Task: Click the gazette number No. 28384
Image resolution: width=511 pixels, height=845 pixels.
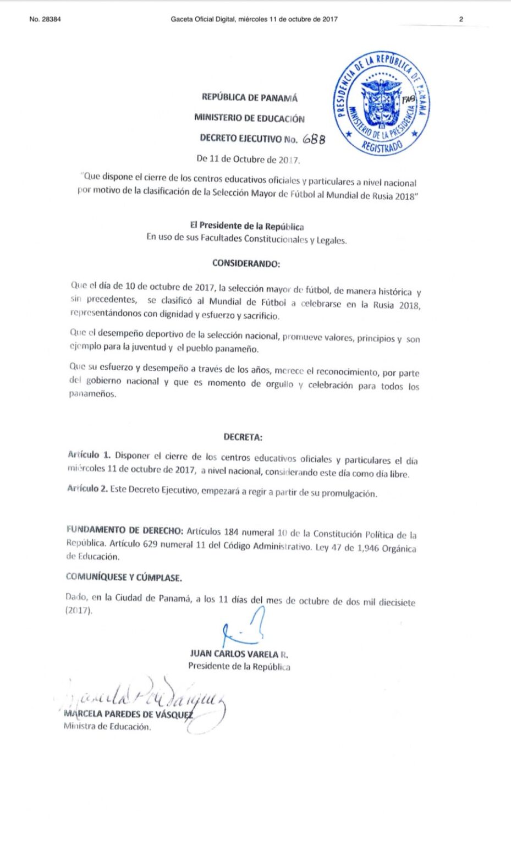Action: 45,19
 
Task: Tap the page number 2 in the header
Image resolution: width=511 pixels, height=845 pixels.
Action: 461,19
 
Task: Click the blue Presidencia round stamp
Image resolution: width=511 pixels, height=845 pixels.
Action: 381,103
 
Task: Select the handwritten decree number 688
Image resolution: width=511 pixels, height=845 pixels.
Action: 314,139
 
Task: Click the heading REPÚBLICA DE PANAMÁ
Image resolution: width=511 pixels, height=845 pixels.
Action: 249,98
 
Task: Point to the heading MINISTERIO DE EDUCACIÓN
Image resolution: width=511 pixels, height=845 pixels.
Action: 249,118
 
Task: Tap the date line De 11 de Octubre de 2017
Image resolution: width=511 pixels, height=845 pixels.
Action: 248,160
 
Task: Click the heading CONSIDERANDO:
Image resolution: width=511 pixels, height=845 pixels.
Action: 246,264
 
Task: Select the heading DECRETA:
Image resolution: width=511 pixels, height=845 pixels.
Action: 243,437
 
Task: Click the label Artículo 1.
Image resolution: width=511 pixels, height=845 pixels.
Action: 89,455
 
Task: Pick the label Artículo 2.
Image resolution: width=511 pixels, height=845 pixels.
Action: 87,489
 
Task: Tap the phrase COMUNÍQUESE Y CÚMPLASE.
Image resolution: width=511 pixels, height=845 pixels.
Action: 124,578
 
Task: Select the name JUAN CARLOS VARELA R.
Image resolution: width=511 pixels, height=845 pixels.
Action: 239,654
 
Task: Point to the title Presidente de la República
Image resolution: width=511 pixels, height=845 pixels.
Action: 239,667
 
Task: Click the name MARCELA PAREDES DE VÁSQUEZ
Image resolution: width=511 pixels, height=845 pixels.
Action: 129,715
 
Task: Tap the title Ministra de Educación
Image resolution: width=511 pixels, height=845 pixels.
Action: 107,727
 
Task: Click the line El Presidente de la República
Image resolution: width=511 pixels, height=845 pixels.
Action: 246,226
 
